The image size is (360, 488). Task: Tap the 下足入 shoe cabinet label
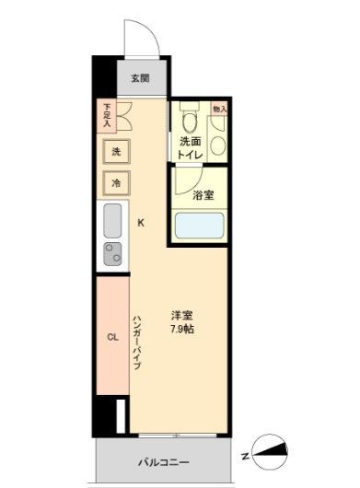pyautogui.click(x=107, y=114)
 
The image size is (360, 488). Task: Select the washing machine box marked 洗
pyautogui.click(x=116, y=150)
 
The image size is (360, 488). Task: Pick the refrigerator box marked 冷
pyautogui.click(x=116, y=182)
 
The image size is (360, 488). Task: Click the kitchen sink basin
pyautogui.click(x=112, y=221)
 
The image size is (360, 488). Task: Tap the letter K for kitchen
pyautogui.click(x=141, y=222)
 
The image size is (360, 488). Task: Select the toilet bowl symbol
pyautogui.click(x=190, y=121)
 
